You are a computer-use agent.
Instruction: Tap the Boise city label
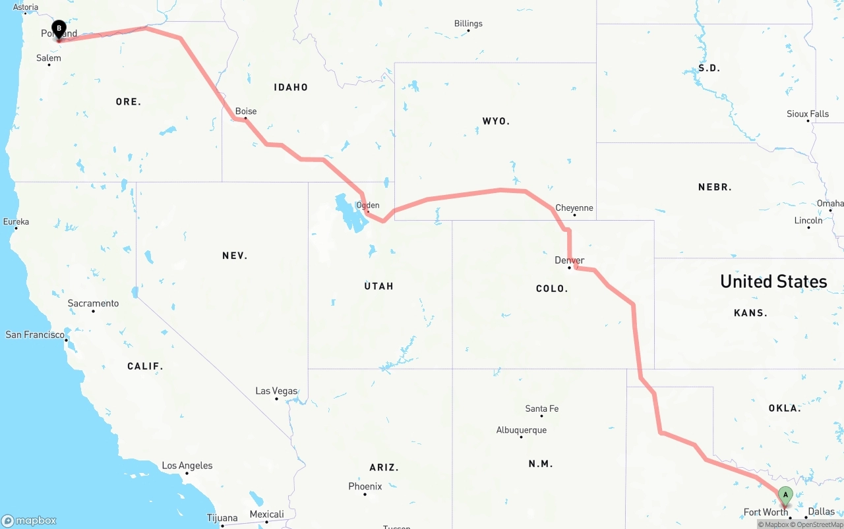click(246, 111)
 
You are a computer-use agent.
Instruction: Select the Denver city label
click(570, 260)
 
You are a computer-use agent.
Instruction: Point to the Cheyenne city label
click(574, 208)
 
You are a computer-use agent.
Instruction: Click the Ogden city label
click(367, 205)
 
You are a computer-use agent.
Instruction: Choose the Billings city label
click(468, 24)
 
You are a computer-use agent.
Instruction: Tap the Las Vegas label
click(276, 391)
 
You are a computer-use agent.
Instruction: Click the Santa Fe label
click(541, 408)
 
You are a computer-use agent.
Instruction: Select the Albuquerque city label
click(521, 430)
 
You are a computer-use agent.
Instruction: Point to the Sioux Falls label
click(807, 114)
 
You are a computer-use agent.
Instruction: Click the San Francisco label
click(35, 335)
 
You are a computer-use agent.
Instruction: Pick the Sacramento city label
click(93, 303)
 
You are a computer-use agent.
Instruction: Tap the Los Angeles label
click(187, 465)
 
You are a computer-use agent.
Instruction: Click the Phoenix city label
click(365, 486)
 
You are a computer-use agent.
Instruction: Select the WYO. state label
click(496, 121)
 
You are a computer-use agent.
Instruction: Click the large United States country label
click(773, 281)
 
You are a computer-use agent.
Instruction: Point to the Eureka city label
click(16, 221)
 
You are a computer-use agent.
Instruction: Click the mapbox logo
click(29, 520)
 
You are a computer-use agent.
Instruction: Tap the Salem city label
click(48, 58)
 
